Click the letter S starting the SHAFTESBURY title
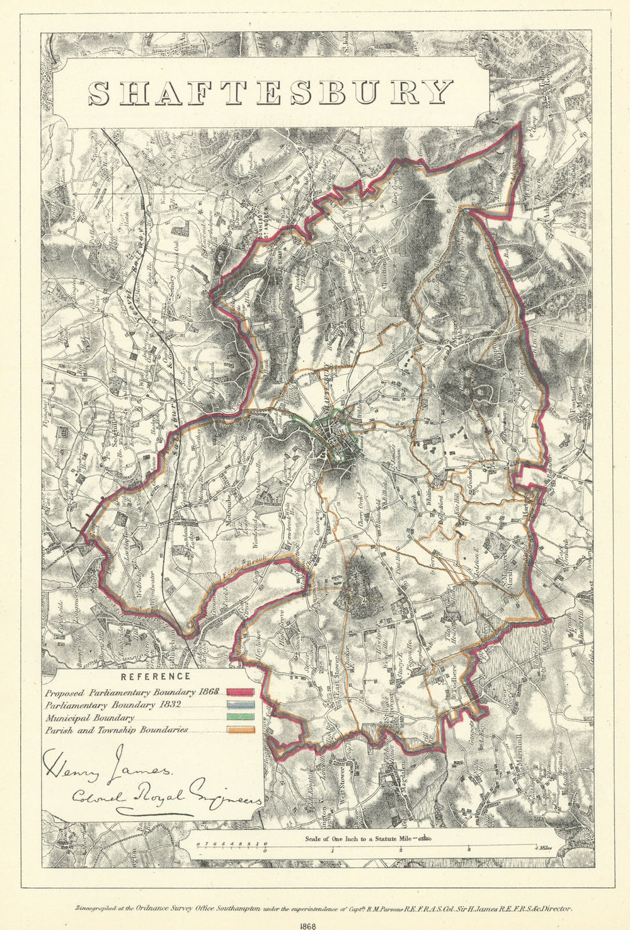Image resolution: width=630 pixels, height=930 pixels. (x=100, y=93)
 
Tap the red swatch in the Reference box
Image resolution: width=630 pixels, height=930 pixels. (x=240, y=692)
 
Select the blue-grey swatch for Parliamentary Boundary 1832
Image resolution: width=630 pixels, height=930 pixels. (x=240, y=705)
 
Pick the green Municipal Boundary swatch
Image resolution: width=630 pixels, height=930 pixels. (x=240, y=718)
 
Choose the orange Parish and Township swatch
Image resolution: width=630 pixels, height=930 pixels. (x=240, y=730)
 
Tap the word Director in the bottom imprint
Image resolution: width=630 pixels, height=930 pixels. (x=554, y=908)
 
